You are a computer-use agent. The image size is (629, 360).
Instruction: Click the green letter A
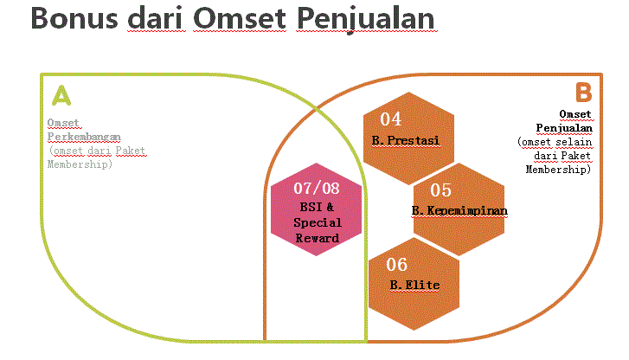[61, 94]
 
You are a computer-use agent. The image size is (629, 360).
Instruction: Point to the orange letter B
[583, 91]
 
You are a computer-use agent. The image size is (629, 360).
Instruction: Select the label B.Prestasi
[405, 139]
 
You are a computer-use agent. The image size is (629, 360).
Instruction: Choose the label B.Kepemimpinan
[459, 210]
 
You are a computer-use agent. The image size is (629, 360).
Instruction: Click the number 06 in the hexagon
[396, 265]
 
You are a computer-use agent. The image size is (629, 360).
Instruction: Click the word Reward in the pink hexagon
[318, 237]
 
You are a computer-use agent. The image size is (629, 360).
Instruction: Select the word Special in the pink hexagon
[318, 222]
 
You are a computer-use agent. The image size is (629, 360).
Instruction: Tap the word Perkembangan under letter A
[83, 137]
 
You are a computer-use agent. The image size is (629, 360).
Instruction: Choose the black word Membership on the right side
[558, 170]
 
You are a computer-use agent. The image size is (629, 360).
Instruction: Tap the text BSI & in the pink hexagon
[317, 207]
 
